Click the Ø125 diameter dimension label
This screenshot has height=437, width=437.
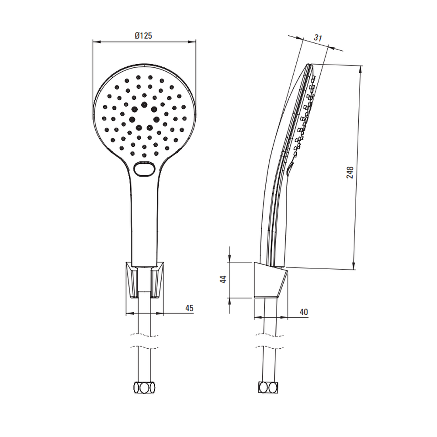click(143, 36)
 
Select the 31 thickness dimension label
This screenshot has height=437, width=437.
click(318, 38)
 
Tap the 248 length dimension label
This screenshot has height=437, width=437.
click(350, 172)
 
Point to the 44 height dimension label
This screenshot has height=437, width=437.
click(223, 279)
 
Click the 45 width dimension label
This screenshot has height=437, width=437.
click(189, 308)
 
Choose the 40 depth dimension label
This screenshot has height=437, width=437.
click(304, 312)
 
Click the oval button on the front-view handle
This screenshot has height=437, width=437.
click(144, 169)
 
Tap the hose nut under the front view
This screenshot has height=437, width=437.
click(144, 388)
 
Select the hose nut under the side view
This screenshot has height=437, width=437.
click(268, 387)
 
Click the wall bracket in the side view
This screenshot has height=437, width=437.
click(271, 280)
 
